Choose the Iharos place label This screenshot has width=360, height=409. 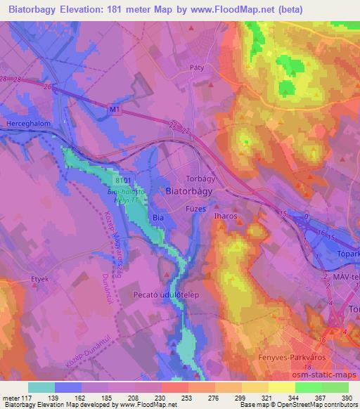225,217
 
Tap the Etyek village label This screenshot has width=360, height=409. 40,279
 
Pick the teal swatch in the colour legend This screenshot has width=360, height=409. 41,387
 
